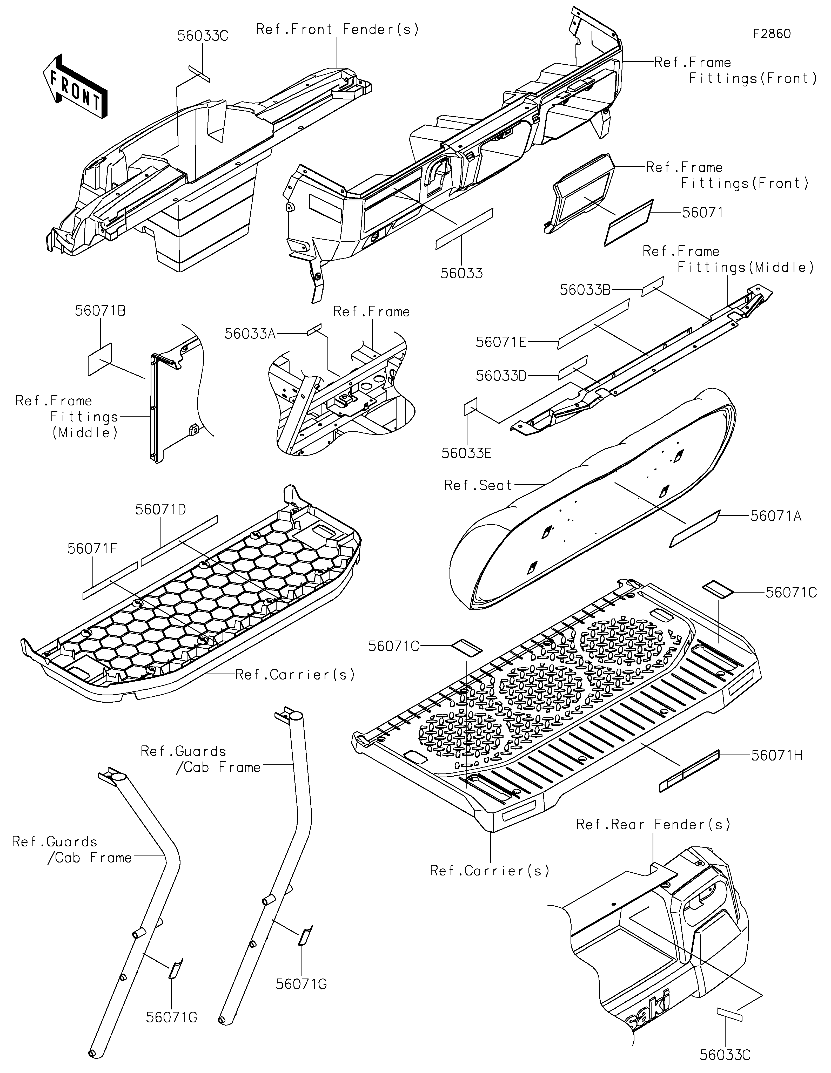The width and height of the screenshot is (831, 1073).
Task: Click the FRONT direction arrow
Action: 75,86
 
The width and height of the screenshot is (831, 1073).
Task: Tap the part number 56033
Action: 461,273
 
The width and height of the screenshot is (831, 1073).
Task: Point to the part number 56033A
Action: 250,334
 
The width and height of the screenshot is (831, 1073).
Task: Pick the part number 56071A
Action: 775,516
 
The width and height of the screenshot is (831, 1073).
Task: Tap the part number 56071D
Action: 161,510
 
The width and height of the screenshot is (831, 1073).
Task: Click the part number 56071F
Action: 92,549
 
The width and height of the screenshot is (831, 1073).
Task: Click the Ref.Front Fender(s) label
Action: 338,30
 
